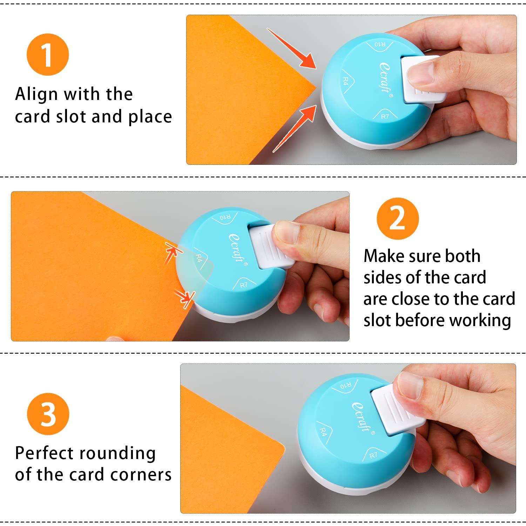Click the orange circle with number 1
(48, 54)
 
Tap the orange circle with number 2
(398, 218)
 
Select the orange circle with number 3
(48, 414)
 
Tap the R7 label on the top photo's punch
(385, 116)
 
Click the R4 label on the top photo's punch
(345, 82)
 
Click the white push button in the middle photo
(270, 245)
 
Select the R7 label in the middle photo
(244, 284)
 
